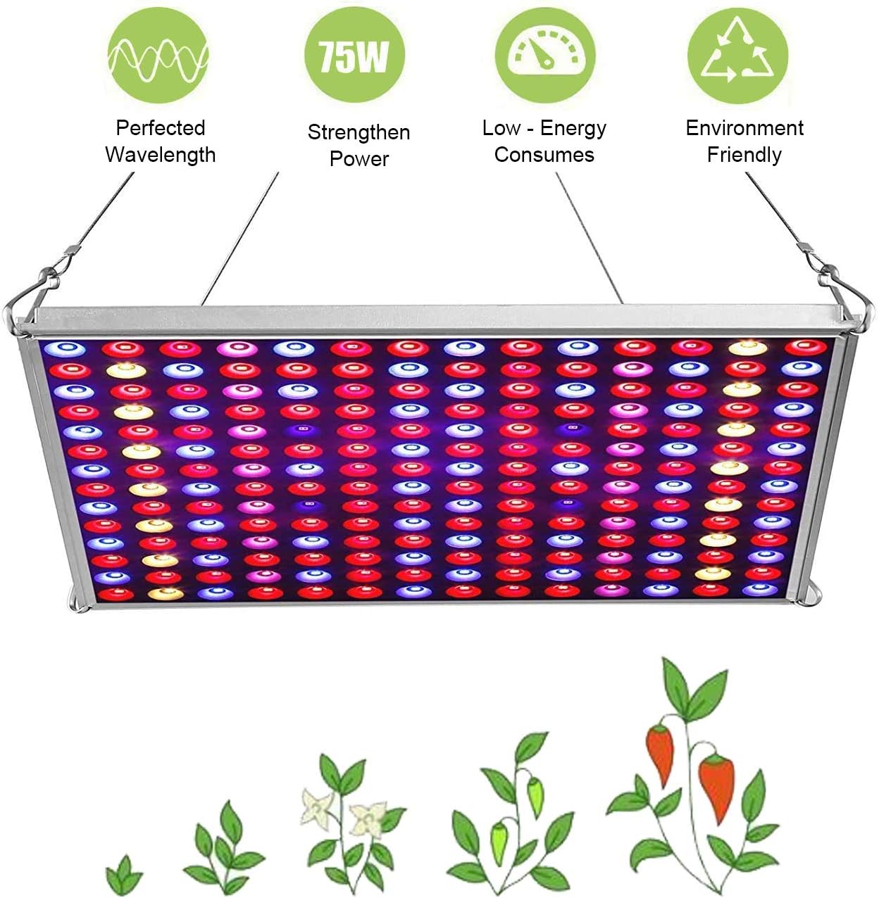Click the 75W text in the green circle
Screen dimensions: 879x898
(354, 56)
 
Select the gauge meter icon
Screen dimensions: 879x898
(544, 54)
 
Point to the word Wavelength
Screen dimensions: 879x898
(161, 155)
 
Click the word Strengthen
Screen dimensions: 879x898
(359, 132)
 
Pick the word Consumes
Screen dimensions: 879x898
(544, 155)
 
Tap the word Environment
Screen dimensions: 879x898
(744, 128)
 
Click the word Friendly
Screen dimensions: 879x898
(744, 155)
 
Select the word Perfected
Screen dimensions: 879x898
(161, 128)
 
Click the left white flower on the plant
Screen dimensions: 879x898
(317, 806)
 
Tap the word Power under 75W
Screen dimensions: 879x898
(359, 159)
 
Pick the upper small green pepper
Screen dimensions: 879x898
(536, 792)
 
